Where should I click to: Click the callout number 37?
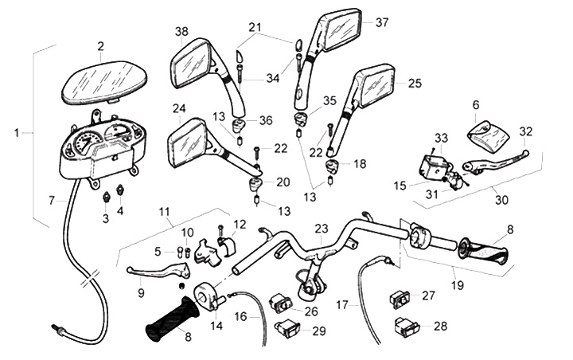382,22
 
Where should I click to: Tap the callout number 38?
181,32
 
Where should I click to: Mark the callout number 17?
342,303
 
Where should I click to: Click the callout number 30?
501,201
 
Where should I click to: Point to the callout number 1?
18,132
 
